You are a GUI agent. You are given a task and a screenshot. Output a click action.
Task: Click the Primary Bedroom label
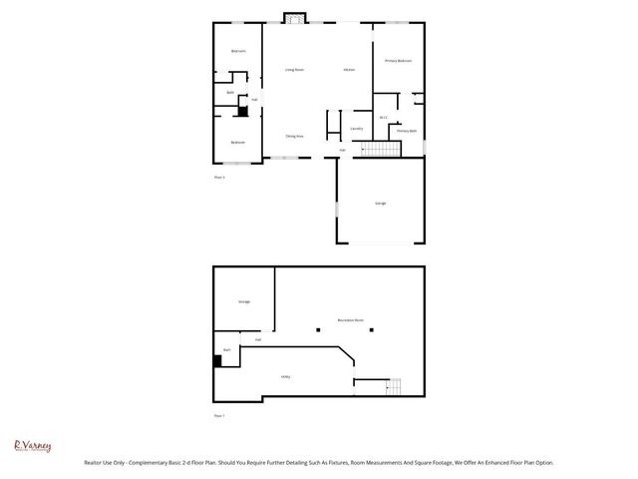[x=398, y=61]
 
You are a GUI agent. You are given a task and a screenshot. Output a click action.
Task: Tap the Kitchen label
[x=349, y=70]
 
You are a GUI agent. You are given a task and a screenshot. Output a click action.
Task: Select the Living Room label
[x=294, y=70]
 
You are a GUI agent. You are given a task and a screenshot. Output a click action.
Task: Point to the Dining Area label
[x=294, y=136]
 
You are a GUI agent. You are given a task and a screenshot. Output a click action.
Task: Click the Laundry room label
[x=356, y=129]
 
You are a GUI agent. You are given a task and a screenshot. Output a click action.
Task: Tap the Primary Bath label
[x=406, y=131]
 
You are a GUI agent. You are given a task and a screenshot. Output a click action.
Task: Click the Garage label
[x=380, y=203]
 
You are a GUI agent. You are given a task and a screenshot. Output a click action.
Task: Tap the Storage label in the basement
[x=243, y=300]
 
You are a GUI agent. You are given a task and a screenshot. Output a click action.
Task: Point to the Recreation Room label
[x=350, y=319]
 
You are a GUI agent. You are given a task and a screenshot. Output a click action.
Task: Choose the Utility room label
[x=285, y=376]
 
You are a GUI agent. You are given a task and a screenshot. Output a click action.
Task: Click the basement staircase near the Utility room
[x=394, y=385]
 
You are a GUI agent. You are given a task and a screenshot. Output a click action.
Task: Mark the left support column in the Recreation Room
[x=317, y=330]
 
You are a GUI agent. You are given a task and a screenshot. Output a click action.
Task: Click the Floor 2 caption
[x=219, y=177]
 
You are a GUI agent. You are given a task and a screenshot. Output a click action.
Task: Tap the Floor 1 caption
[x=219, y=415]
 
